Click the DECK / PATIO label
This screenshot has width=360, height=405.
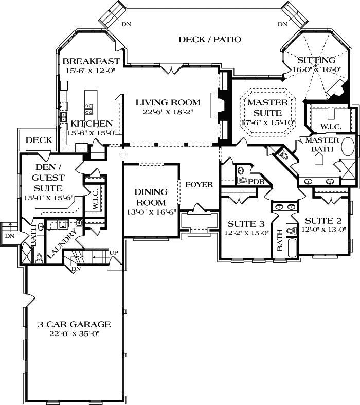coord(209,40)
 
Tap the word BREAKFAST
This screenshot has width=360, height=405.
coord(91,61)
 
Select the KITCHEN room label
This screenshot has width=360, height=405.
coord(92,124)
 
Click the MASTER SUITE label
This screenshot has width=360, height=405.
coord(267,108)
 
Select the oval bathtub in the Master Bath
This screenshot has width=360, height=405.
coord(348,147)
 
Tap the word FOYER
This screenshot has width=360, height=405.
coord(199,185)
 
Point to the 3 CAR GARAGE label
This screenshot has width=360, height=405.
coord(75,324)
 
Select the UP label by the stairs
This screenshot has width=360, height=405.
coord(114,253)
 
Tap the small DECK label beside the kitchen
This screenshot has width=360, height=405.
coord(39,140)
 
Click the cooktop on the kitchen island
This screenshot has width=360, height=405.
coord(88,109)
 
